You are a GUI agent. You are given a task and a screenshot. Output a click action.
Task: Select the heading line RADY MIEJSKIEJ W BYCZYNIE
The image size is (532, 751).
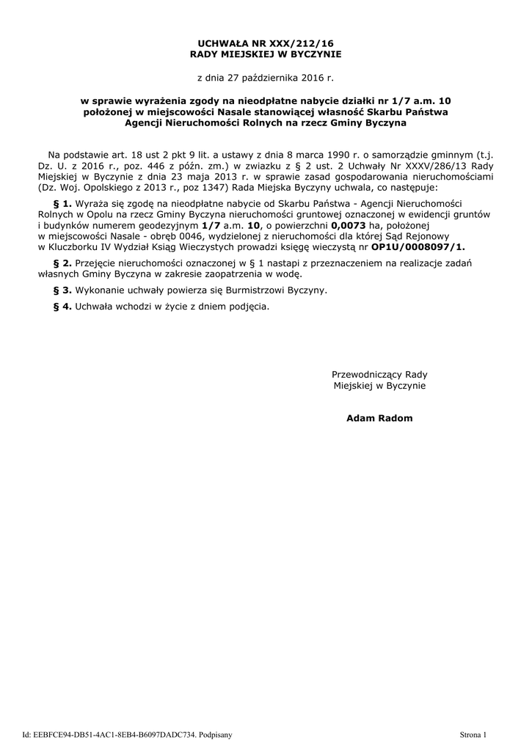point(266,54)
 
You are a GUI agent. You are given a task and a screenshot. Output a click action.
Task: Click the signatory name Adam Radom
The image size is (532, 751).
point(379,418)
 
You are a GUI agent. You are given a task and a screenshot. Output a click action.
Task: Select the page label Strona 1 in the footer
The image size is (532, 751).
point(473,734)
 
